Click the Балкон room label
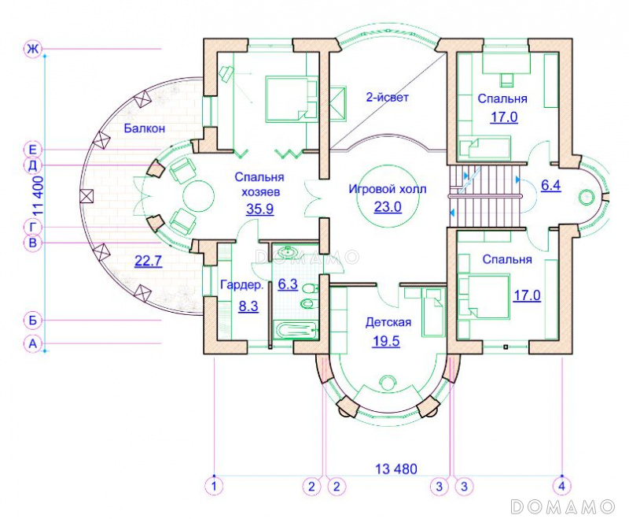point(145,128)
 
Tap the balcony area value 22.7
point(148,261)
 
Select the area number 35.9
point(260,209)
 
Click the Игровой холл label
point(388,189)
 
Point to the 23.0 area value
point(388,207)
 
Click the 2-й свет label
point(387,97)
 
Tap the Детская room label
point(388,322)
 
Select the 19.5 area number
point(386,341)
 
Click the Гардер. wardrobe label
point(242,285)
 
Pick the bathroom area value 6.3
point(288,284)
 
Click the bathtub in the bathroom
point(296,331)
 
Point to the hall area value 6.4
point(551,186)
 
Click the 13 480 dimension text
point(396,469)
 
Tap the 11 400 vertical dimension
point(38,195)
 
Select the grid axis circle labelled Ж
point(32,49)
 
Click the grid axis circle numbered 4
point(561,486)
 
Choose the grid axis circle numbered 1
point(214,486)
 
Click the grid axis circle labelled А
point(32,344)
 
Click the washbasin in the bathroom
point(288,252)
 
